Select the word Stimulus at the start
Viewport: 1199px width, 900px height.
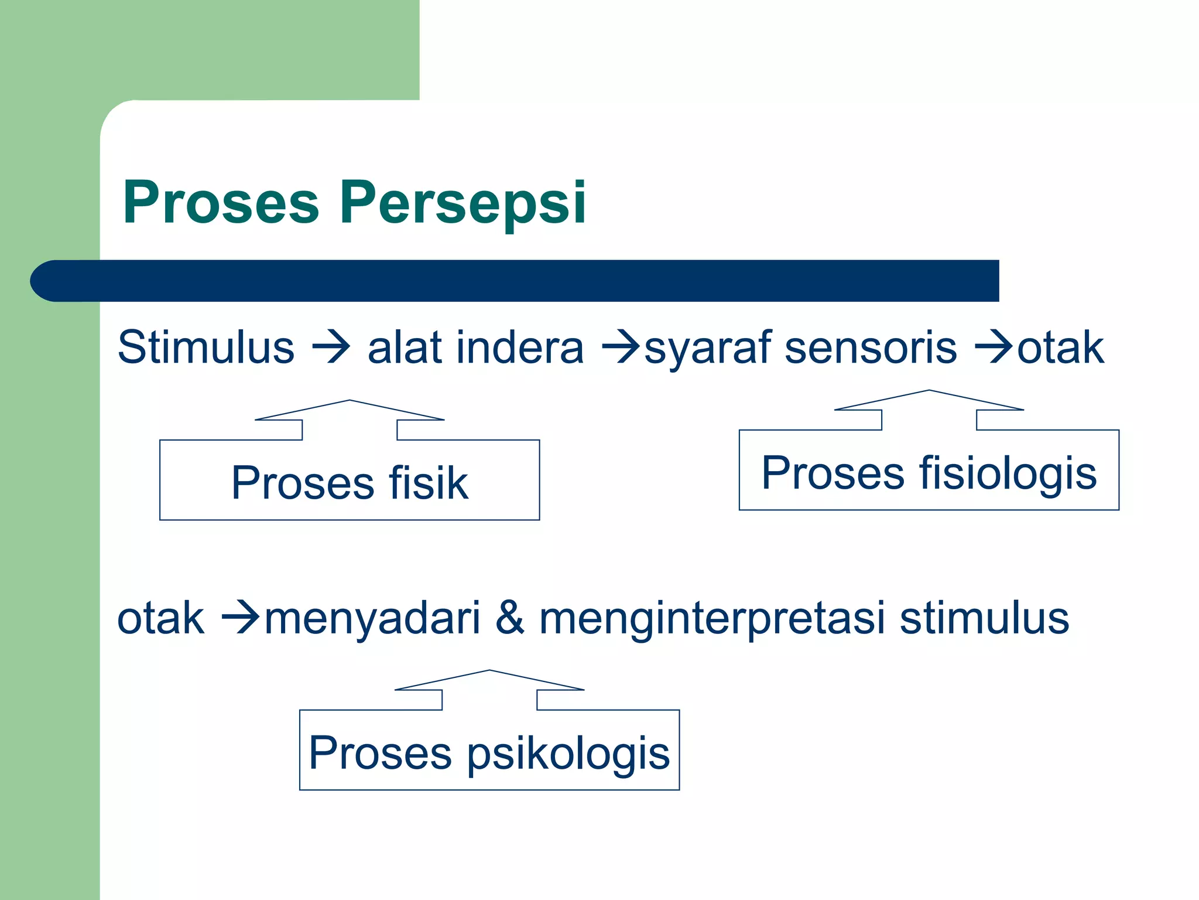[205, 347]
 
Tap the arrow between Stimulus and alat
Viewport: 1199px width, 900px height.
[331, 347]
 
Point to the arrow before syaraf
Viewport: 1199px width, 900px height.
[621, 347]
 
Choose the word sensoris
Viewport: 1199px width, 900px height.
[871, 347]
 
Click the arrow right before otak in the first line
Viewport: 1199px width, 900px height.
[994, 347]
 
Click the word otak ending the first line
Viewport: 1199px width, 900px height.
[1060, 347]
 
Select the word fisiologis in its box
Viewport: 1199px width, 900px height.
[1008, 473]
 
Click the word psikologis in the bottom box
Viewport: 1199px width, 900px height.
[568, 753]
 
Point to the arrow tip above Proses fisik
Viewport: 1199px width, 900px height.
[350, 401]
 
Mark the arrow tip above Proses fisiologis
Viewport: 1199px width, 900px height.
[929, 391]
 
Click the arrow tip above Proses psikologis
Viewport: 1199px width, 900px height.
[489, 671]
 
